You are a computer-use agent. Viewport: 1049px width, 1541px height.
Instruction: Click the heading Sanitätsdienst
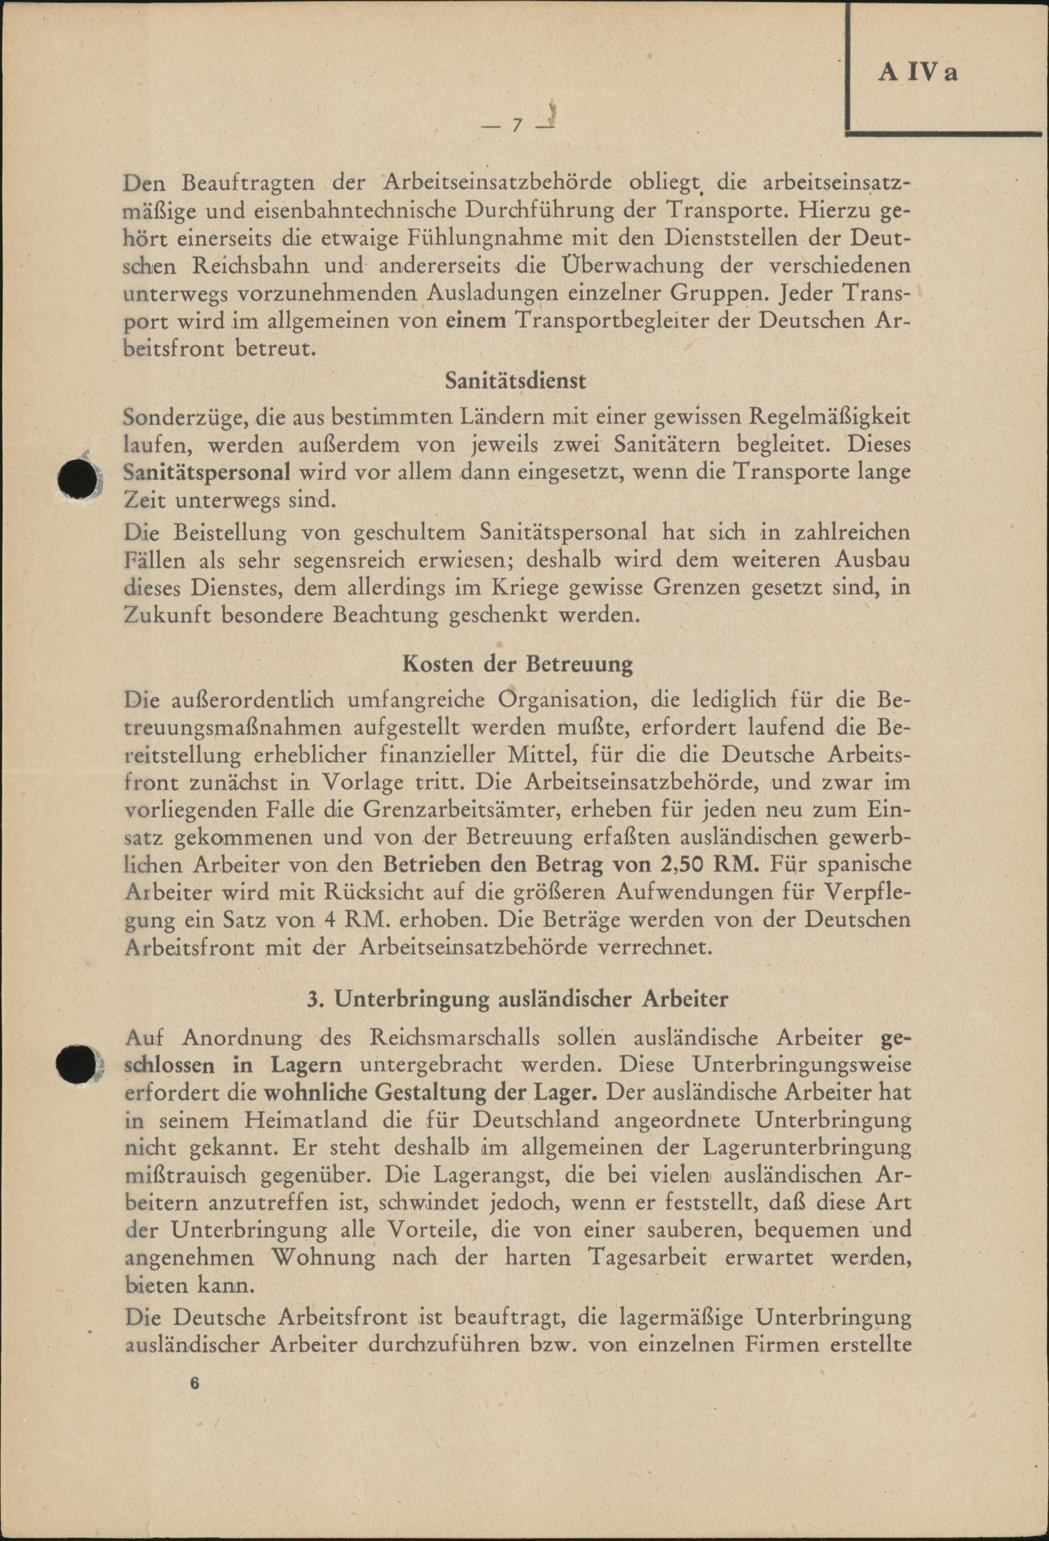pyautogui.click(x=516, y=382)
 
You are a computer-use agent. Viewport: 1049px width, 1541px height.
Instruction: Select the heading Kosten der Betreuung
pyautogui.click(x=517, y=665)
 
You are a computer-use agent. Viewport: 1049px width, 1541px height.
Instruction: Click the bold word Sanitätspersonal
pyautogui.click(x=207, y=472)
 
